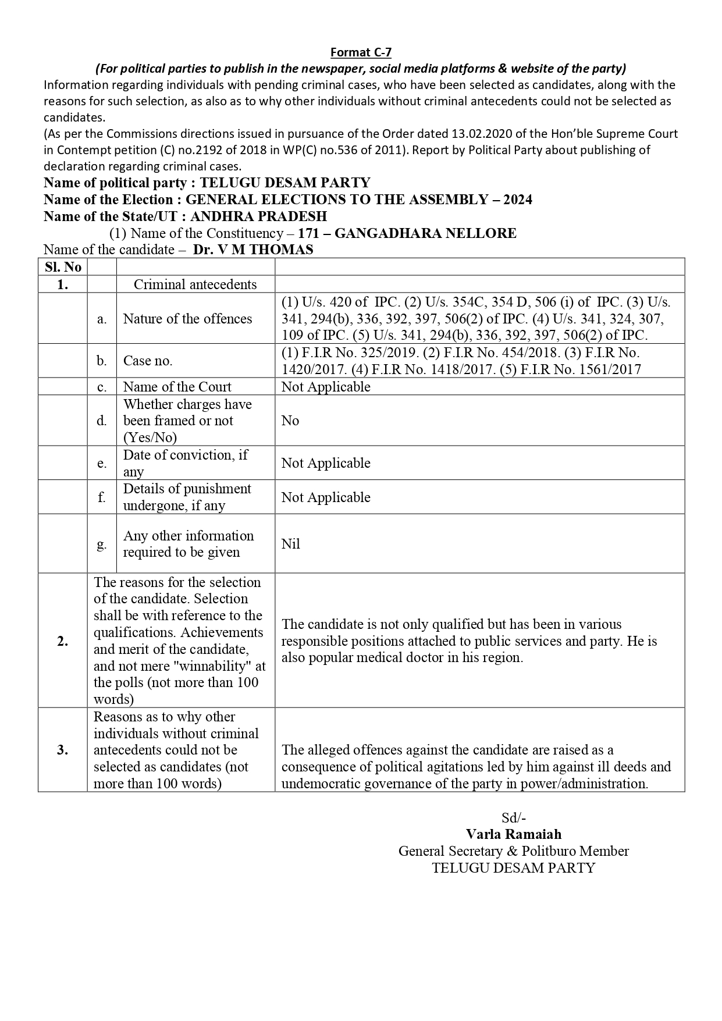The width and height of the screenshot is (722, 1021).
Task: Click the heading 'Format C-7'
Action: pyautogui.click(x=361, y=52)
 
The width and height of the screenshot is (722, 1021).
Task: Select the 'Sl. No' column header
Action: pyautogui.click(x=63, y=267)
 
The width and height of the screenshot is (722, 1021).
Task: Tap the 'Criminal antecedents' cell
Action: pyautogui.click(x=195, y=284)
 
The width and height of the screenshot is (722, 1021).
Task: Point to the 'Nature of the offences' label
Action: pyautogui.click(x=187, y=318)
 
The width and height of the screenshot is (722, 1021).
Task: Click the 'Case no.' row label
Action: pyautogui.click(x=148, y=361)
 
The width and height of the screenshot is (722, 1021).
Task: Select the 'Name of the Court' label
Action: pyautogui.click(x=177, y=387)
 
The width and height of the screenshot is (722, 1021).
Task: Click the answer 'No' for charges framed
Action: pyautogui.click(x=290, y=421)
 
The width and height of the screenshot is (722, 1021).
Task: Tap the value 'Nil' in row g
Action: pyautogui.click(x=291, y=543)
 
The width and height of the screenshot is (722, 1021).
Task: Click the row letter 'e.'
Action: pyautogui.click(x=102, y=463)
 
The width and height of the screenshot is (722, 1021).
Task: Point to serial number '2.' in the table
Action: pyautogui.click(x=63, y=641)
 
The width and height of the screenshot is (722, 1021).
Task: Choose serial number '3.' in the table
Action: pyautogui.click(x=63, y=750)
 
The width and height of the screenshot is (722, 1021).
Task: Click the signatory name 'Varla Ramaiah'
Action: pyautogui.click(x=514, y=834)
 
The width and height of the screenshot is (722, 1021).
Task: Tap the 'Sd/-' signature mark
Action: pyautogui.click(x=514, y=817)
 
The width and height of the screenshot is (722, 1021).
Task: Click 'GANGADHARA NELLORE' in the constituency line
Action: pyautogui.click(x=425, y=233)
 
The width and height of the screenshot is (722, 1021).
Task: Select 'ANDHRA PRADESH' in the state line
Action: pyautogui.click(x=258, y=216)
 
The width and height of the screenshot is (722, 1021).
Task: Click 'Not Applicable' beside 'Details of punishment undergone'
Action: pyautogui.click(x=326, y=497)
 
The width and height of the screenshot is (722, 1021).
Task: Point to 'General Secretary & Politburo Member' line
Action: pyautogui.click(x=514, y=851)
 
